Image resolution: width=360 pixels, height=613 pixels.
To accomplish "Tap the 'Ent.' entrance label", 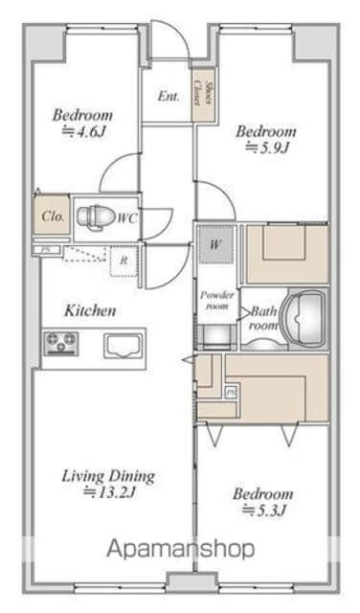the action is coord(169,96).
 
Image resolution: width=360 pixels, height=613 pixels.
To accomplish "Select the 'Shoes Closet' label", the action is coord(204,94).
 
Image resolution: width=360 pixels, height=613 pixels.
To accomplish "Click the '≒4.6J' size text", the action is coord(84,132).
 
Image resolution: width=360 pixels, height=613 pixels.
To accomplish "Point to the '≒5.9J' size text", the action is coord(267,148).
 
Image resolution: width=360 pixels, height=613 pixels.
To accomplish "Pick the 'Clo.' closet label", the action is coord(53,216).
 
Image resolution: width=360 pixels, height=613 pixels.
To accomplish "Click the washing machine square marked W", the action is coord(215,244).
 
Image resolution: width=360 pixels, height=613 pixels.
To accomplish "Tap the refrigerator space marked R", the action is coord(124,261).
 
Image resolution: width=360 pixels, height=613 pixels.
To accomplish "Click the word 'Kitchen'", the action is coord(90,310).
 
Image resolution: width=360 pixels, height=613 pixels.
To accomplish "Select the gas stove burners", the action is coord(61,343).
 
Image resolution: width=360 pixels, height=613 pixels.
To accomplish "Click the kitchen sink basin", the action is coord(122,347).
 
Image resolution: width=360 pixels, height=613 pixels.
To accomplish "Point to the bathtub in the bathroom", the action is coord(305,319).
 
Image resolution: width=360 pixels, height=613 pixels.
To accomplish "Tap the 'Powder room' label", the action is coord(217,300).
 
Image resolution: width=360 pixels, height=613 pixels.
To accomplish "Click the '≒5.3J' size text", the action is coord(265,511).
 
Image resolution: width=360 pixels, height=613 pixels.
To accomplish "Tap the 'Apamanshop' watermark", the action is coord(181,549).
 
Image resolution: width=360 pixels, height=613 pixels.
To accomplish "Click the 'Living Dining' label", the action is coord(108,477).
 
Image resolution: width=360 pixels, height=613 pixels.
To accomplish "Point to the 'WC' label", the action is coord(127,217).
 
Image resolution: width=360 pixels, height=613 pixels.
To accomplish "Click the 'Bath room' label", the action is coord(264,318).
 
